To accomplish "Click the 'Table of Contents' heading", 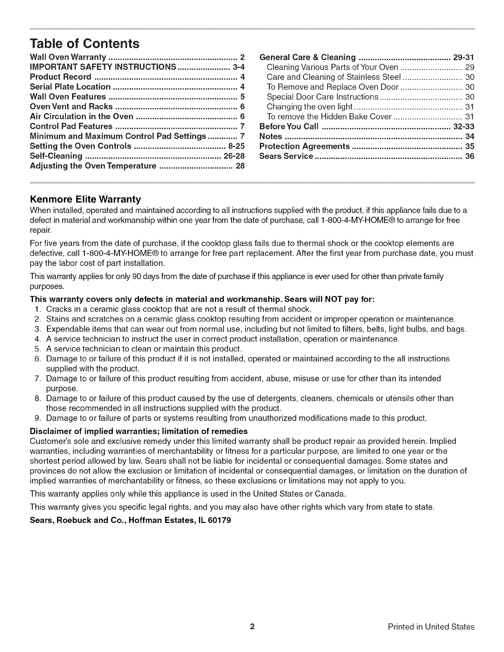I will pyautogui.click(x=85, y=44).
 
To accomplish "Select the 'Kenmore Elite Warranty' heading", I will pyautogui.click(x=86, y=200).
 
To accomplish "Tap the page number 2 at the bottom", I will pyautogui.click(x=252, y=626).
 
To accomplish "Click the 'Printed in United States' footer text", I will pyautogui.click(x=431, y=627).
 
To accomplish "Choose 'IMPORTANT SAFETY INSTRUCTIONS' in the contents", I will pyautogui.click(x=103, y=67).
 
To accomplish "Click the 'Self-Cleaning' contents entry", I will pyautogui.click(x=56, y=156).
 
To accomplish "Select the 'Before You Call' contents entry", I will pyautogui.click(x=289, y=126).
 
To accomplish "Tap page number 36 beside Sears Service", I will pyautogui.click(x=469, y=156).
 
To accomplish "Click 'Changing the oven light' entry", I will pyautogui.click(x=309, y=107).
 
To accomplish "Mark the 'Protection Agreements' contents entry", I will pyautogui.click(x=304, y=146).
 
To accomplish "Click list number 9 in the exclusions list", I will pyautogui.click(x=37, y=419).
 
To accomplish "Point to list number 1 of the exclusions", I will pyautogui.click(x=37, y=309).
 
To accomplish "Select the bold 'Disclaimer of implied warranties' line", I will pyautogui.click(x=139, y=431).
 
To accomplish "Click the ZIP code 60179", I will pyautogui.click(x=219, y=520).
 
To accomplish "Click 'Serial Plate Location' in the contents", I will pyautogui.click(x=70, y=86).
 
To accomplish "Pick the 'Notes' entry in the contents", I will pyautogui.click(x=271, y=136).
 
